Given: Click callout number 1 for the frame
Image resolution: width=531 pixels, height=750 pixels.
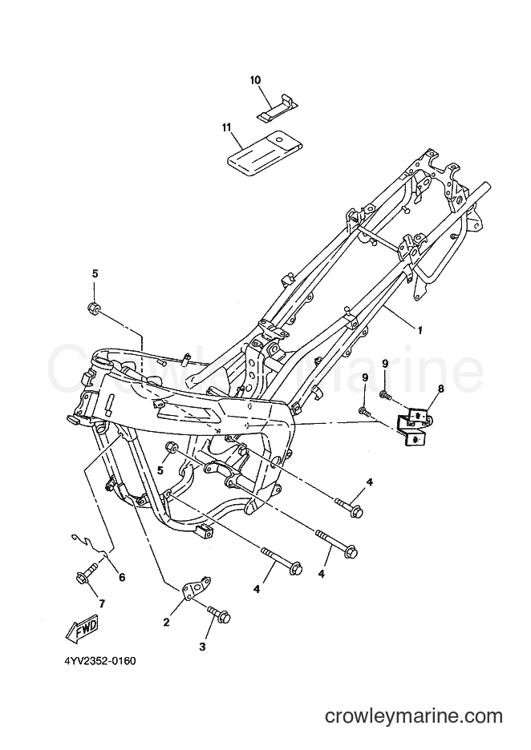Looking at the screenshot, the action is tap(420, 329).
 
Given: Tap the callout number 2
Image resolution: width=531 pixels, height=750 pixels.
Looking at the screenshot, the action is tap(166, 623).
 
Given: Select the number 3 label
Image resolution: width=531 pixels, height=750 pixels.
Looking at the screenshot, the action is tap(202, 647).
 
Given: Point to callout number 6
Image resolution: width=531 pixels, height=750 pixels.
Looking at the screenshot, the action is tap(122, 578).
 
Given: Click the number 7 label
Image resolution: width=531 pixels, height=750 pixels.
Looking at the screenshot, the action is tap(102, 603).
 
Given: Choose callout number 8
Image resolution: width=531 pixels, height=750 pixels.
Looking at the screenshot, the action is tap(440, 390).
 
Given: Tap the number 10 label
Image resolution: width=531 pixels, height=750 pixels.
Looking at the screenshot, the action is tap(255, 80).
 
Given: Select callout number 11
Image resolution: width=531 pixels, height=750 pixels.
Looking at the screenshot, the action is tap(226, 127).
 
